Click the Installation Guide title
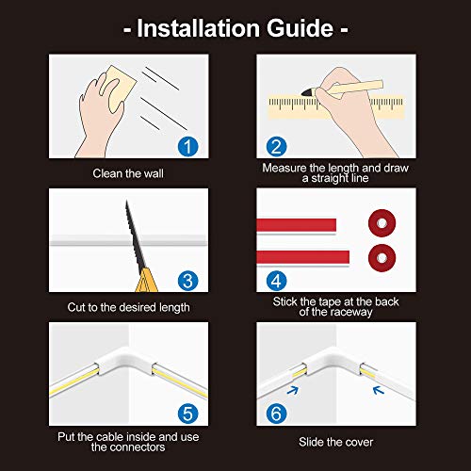(235, 28)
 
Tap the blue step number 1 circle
(187, 146)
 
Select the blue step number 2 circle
(277, 146)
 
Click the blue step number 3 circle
(187, 280)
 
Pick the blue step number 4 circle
(277, 280)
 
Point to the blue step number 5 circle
(187, 413)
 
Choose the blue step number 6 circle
(277, 413)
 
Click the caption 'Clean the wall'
(127, 174)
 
